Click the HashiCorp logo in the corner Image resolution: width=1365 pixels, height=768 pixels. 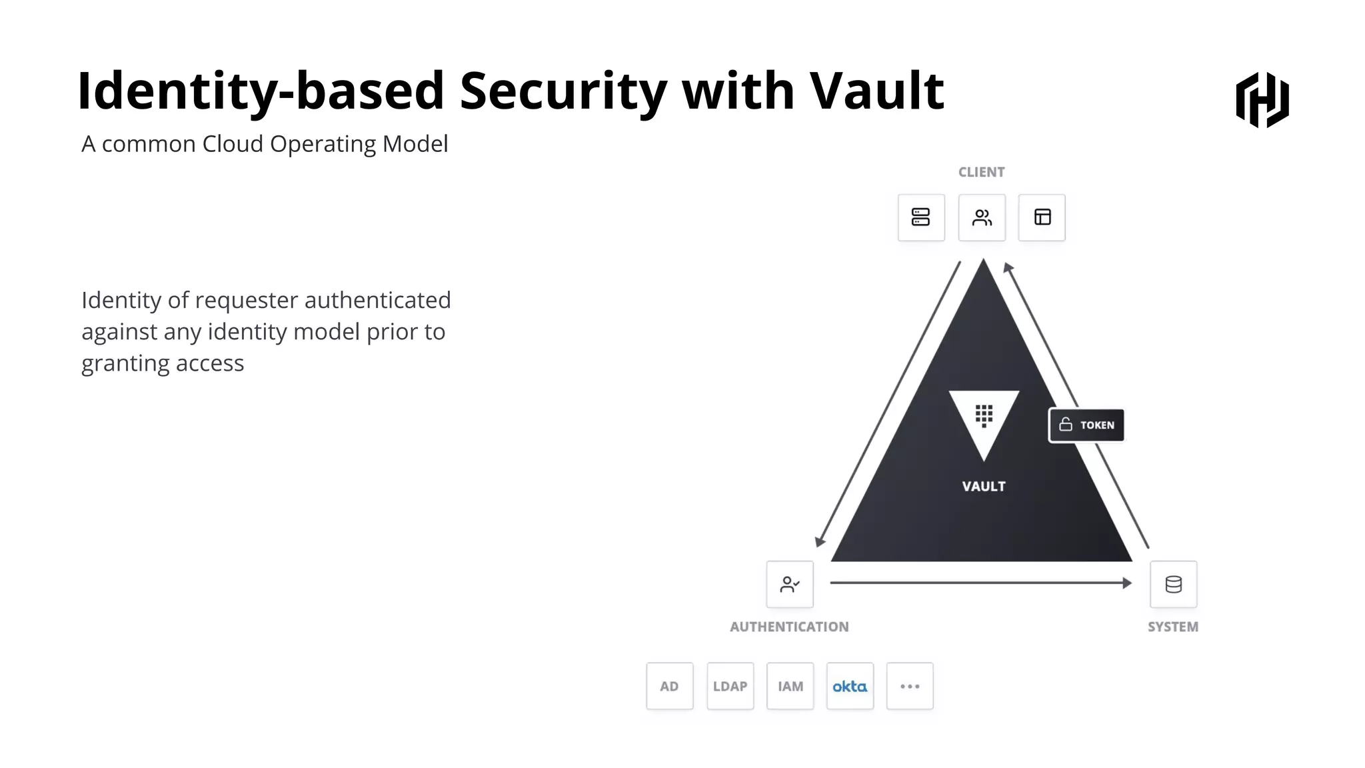tap(1262, 100)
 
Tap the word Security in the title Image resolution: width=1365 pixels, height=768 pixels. tap(563, 91)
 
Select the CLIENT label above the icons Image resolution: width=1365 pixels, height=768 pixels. tap(981, 172)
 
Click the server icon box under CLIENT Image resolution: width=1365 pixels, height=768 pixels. tap(921, 217)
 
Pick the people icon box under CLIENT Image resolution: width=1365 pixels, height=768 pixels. tap(982, 217)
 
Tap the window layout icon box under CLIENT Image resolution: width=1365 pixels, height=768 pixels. tap(1042, 217)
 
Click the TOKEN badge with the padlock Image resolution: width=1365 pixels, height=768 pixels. tap(1086, 425)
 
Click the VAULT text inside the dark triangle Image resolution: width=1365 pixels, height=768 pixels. tap(984, 487)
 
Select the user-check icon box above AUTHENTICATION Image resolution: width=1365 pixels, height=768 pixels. tap(790, 585)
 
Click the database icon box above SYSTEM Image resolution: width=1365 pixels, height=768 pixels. tap(1173, 585)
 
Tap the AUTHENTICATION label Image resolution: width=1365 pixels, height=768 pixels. tap(789, 627)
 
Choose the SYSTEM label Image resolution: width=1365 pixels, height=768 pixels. tap(1172, 627)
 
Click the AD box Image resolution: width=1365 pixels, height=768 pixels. tap(669, 686)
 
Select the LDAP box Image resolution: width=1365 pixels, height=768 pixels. tap(730, 686)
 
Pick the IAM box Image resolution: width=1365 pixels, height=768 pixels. tap(790, 686)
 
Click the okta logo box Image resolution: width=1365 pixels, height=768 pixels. tap(850, 686)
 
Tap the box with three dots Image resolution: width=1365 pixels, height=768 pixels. tap(910, 686)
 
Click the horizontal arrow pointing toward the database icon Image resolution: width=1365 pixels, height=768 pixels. tap(980, 583)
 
